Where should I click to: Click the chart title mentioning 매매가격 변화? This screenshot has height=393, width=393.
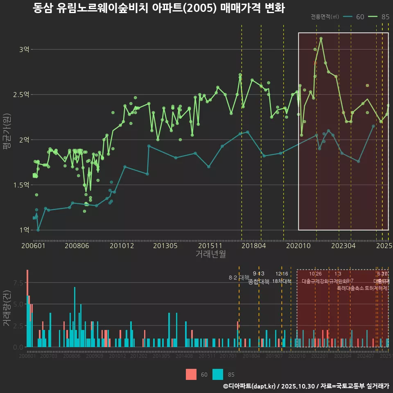(158, 8)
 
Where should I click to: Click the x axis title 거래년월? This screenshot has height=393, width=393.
(210, 254)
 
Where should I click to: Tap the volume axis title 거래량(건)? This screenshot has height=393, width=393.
(7, 308)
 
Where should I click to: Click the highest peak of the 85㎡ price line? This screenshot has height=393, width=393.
(321, 38)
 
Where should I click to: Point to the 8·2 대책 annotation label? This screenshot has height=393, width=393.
(239, 278)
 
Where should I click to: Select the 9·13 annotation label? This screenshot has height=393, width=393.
(259, 273)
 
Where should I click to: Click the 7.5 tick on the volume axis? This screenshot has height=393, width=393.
(18, 283)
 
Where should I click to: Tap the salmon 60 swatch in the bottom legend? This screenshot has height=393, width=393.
(191, 375)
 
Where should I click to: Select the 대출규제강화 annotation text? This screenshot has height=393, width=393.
(315, 281)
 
